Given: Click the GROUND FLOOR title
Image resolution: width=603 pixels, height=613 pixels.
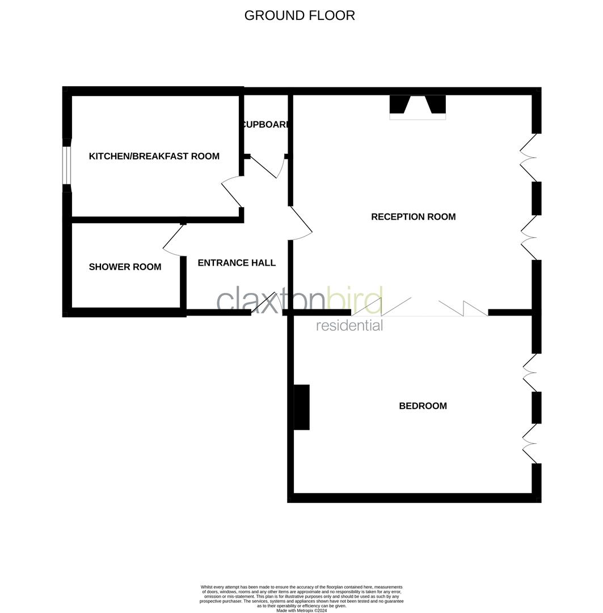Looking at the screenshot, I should tap(300, 15).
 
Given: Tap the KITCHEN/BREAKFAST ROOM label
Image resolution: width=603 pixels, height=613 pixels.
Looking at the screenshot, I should tap(154, 156).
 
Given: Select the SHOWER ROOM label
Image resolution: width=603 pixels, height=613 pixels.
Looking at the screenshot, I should tap(125, 267).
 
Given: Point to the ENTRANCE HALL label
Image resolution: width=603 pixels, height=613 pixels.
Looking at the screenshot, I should tap(237, 263).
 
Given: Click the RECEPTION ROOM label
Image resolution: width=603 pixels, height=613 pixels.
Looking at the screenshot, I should tap(413, 217).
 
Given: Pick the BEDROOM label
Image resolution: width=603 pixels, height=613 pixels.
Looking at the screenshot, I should tap(423, 406).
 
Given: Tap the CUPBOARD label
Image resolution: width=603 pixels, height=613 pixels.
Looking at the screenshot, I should tap(265, 125).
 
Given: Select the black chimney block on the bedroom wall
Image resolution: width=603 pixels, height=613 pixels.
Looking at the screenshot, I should tap(302, 407).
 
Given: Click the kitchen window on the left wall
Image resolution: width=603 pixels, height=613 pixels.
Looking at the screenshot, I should tap(66, 165).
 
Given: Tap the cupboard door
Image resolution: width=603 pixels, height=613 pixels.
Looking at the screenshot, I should tap(266, 167).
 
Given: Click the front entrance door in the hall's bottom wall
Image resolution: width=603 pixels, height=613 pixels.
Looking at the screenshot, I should tap(264, 303).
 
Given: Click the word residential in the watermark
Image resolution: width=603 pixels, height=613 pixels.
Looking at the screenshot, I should tap(349, 326).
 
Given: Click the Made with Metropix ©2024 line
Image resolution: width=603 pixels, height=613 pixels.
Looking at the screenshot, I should tap(301, 610).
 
